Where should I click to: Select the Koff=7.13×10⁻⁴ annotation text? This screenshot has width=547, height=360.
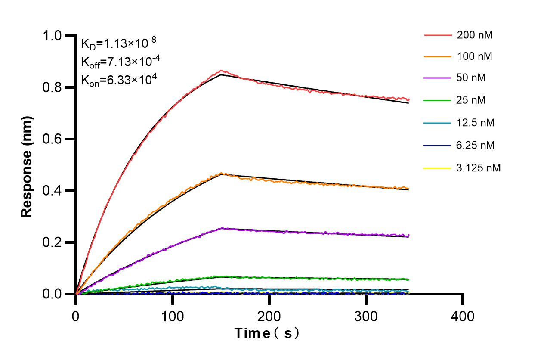[x=121, y=62]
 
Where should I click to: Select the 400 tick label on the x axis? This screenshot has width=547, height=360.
[x=463, y=317]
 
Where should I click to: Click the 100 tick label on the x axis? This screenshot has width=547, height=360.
[x=172, y=317]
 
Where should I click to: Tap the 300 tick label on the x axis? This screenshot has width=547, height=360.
[x=366, y=317]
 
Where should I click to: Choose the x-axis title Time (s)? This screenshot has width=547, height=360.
[x=266, y=333]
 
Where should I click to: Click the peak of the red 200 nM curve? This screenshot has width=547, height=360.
[x=221, y=70]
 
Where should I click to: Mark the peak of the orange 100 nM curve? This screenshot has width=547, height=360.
[x=221, y=173]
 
